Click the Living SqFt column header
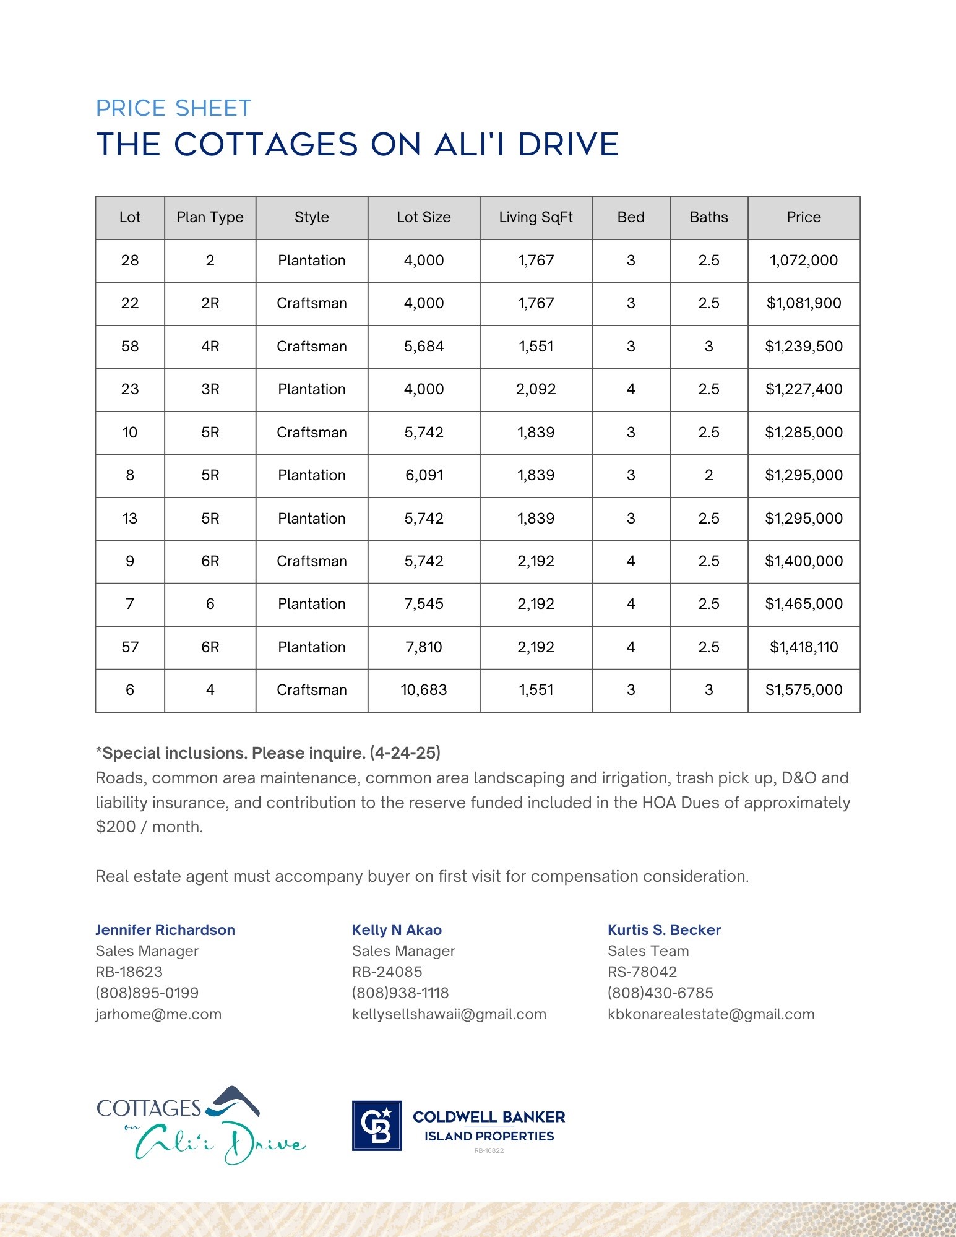point(535,217)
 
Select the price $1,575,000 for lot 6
point(804,690)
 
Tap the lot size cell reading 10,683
point(424,690)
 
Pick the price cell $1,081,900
point(804,303)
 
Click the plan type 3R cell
point(210,389)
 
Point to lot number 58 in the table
point(130,347)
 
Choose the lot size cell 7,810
point(424,647)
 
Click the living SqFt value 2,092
point(536,389)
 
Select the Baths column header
point(708,217)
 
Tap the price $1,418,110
point(804,647)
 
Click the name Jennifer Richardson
point(165,930)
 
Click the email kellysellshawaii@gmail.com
point(449,1014)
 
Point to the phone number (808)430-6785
point(660,993)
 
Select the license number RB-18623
point(129,972)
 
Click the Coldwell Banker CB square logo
point(377,1126)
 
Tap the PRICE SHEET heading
point(174,108)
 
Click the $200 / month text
point(149,827)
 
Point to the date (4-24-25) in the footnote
point(405,753)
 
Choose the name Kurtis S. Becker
point(664,930)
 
